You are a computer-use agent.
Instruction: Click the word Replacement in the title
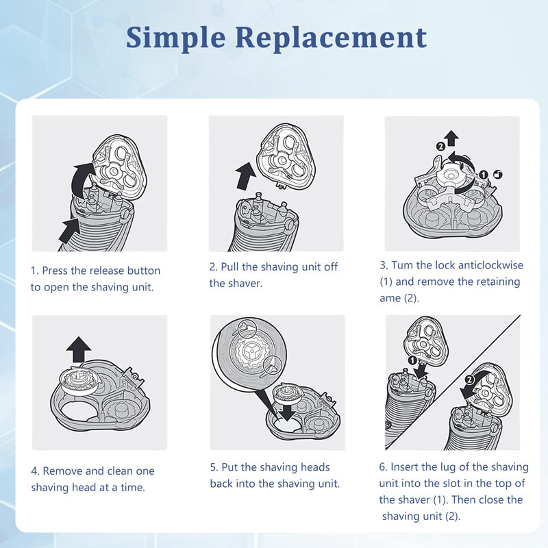[x=332, y=38]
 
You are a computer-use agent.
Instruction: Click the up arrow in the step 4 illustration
[x=79, y=349]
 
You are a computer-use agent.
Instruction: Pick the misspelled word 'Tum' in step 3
[x=403, y=264]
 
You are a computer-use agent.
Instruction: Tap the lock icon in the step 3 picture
[x=497, y=174]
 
